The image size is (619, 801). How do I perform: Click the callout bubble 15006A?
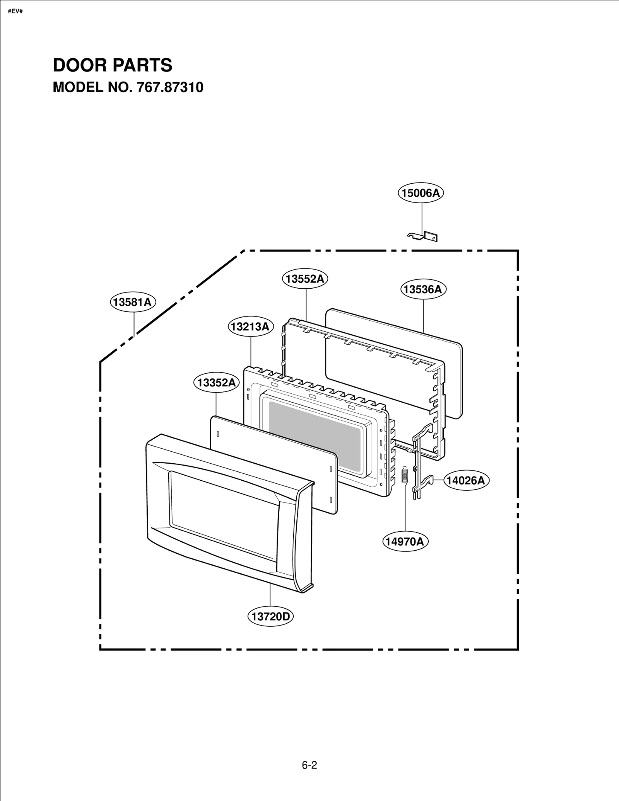coord(421,192)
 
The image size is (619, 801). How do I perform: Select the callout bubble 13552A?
coord(305,279)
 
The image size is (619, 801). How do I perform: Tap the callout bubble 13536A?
coord(422,289)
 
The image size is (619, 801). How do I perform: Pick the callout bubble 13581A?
coord(133,302)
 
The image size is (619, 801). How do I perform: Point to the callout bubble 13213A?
coord(250,327)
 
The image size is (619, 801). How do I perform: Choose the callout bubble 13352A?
coord(216,383)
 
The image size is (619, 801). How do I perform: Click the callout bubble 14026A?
coord(466,480)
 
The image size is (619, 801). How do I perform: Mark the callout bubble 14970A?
coord(405,541)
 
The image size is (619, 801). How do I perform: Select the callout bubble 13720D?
coord(270,616)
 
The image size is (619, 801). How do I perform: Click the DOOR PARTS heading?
coord(113,65)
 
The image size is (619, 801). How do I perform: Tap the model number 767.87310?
coord(169,87)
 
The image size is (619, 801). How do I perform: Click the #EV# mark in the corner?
coord(15,11)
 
